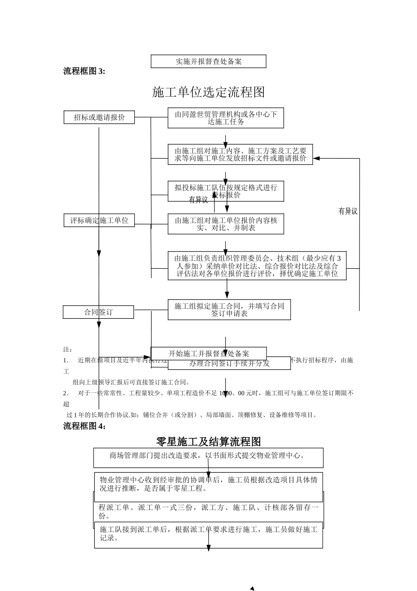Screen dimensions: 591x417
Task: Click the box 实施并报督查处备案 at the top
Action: pyautogui.click(x=208, y=62)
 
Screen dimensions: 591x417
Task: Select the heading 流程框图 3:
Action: pyautogui.click(x=84, y=71)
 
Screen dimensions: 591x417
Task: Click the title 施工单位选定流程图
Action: pyautogui.click(x=208, y=92)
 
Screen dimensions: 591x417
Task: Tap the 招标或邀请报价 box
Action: pyautogui.click(x=99, y=117)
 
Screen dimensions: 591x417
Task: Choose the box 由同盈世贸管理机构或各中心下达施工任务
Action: pyautogui.click(x=226, y=118)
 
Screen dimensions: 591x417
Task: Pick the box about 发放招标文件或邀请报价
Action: pyautogui.click(x=240, y=154)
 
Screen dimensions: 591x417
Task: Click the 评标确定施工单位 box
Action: pyautogui.click(x=99, y=220)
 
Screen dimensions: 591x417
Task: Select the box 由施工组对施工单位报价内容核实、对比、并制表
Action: pyautogui.click(x=226, y=224)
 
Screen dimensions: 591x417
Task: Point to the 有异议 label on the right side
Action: pyautogui.click(x=348, y=212)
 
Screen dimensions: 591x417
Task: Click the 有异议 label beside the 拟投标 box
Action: pyautogui.click(x=198, y=201)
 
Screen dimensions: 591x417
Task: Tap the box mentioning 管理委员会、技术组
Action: pyautogui.click(x=257, y=266)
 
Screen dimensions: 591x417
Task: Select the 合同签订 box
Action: pyautogui.click(x=98, y=312)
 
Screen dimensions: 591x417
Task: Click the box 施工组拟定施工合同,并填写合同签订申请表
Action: pyautogui.click(x=229, y=310)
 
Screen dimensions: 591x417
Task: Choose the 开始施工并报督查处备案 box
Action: pyautogui.click(x=208, y=354)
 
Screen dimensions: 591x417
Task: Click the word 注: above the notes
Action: pyautogui.click(x=68, y=350)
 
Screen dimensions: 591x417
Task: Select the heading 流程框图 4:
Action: pyautogui.click(x=84, y=426)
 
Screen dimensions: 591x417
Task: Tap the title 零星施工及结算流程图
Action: pyautogui.click(x=208, y=441)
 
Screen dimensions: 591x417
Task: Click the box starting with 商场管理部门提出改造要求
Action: pyautogui.click(x=208, y=457)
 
